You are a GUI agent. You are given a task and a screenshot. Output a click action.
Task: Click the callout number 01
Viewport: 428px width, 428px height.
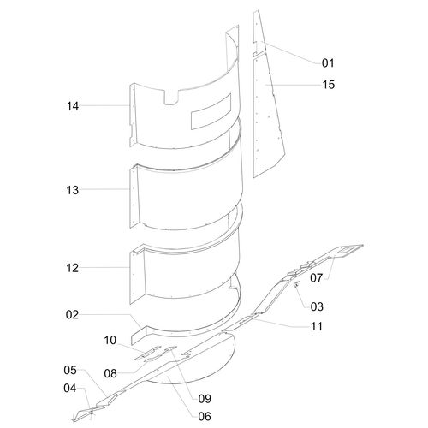tap(328, 63)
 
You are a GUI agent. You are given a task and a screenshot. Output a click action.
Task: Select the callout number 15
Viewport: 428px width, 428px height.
tap(329, 85)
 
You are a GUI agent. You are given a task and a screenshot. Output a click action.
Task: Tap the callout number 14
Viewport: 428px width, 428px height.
tap(73, 106)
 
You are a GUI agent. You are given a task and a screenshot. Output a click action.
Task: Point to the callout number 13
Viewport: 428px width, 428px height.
tap(73, 190)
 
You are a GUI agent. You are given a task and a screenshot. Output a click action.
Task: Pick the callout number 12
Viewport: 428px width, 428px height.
tap(72, 268)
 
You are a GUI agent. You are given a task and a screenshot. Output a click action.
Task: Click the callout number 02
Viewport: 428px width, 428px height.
tap(72, 315)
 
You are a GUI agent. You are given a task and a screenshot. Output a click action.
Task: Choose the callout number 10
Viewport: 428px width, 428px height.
tap(110, 340)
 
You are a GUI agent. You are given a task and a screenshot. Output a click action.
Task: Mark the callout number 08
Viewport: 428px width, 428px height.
tap(110, 373)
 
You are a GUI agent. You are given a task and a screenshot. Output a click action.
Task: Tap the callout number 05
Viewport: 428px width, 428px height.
tap(70, 371)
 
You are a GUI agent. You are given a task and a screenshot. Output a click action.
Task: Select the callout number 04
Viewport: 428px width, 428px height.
tap(70, 389)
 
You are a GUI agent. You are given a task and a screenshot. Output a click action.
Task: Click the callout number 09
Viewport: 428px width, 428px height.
tap(205, 399)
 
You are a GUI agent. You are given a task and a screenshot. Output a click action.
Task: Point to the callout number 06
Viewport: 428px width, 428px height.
tap(205, 417)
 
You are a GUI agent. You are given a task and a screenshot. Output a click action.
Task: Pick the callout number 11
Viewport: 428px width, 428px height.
tap(317, 326)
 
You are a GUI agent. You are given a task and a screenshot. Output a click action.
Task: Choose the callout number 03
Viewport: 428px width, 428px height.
tap(317, 306)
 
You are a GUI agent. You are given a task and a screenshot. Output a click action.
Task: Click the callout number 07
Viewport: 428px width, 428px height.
tap(317, 278)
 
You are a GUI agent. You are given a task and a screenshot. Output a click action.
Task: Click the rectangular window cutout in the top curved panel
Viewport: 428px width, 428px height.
tap(211, 111)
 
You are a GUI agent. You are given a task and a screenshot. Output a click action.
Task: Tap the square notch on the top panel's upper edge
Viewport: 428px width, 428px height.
tap(171, 98)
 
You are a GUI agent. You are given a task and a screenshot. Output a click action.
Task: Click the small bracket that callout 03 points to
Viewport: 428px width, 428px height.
tap(296, 284)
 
